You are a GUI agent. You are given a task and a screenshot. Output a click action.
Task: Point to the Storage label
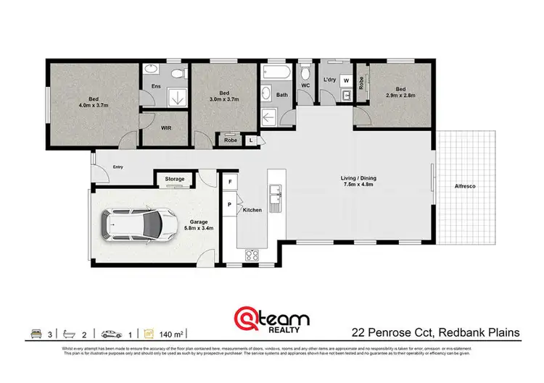coord(175,179)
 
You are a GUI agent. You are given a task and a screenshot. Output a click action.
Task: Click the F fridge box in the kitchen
coord(230,180)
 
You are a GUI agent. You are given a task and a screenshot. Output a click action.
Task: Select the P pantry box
coord(230,205)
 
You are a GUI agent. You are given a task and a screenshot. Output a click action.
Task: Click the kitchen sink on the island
coord(275,193)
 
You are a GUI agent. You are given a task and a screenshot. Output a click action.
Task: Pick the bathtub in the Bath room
coord(275,74)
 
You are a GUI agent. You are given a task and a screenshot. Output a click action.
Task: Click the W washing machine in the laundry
coord(346,80)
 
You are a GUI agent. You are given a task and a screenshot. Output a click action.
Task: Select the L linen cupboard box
coord(250,140)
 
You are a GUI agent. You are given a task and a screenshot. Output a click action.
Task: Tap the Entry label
coord(118,168)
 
